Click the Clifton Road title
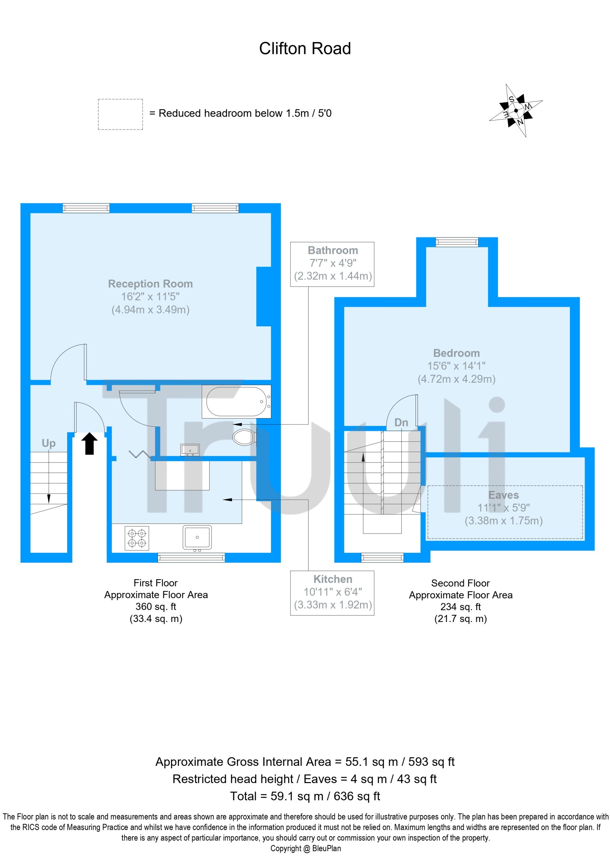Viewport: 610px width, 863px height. coord(304,49)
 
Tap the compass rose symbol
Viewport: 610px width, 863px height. coord(516,111)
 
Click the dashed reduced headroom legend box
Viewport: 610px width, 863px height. coord(120,114)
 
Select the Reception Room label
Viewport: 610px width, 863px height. coord(150,284)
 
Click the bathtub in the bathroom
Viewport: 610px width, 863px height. coord(237,401)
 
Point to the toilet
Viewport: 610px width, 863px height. coord(244,437)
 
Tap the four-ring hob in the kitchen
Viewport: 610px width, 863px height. coord(137,539)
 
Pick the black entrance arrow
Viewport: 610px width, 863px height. coord(89,444)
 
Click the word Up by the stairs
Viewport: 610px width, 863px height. coord(49,444)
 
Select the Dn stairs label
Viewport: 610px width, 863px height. coord(401,422)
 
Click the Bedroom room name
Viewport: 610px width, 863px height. coord(456,353)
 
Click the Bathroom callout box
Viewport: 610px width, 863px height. coord(332,264)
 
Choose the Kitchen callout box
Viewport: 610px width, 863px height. coord(332,593)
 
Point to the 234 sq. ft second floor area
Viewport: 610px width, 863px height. coord(461,607)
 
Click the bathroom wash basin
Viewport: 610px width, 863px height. coord(190,450)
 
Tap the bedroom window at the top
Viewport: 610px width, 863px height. coord(457,242)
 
